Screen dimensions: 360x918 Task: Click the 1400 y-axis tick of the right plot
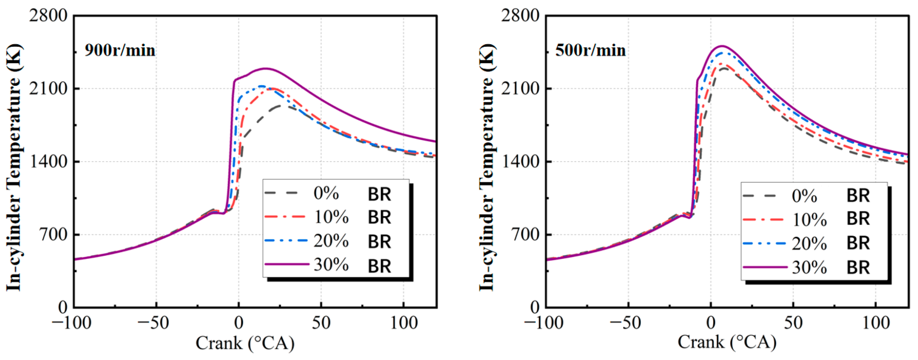click(520, 161)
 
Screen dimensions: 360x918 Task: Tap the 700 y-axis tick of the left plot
click(54, 235)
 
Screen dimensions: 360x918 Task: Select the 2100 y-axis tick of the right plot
click(520, 88)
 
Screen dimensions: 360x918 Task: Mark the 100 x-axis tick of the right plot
click(876, 323)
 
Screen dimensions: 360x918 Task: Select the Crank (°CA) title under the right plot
click(727, 342)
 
